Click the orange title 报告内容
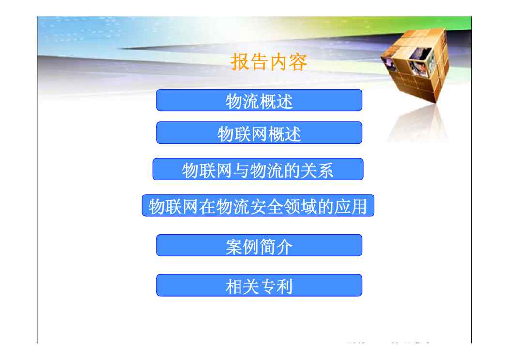point(269,61)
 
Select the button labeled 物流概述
point(259,100)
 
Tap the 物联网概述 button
point(259,133)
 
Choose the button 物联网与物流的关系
point(258,169)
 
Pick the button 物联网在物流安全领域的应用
point(258,206)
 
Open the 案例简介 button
point(259,245)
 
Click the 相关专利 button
point(259,285)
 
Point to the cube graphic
point(416,63)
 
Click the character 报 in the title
point(240,61)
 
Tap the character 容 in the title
point(298,61)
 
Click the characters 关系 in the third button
point(317,170)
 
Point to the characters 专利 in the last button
point(276,286)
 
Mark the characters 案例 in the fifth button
point(242,247)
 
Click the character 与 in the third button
point(241,170)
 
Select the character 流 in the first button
point(251,101)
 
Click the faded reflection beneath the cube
point(419,125)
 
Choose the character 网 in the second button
point(259,134)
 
